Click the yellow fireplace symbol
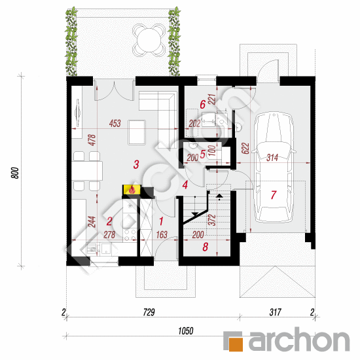click(x=132, y=190)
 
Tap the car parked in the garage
click(x=273, y=167)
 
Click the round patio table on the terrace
click(x=149, y=40)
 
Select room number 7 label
click(x=273, y=195)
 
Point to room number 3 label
click(x=136, y=164)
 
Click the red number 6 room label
click(x=202, y=105)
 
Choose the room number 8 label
click(x=205, y=247)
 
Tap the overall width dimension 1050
click(x=186, y=331)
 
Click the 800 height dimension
click(x=15, y=173)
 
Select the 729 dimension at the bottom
click(x=149, y=312)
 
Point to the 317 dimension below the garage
click(x=276, y=312)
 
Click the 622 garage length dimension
click(x=245, y=149)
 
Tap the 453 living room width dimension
click(x=115, y=124)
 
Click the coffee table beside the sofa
click(x=137, y=132)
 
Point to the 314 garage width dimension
click(x=272, y=158)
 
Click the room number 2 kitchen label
click(x=109, y=221)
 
